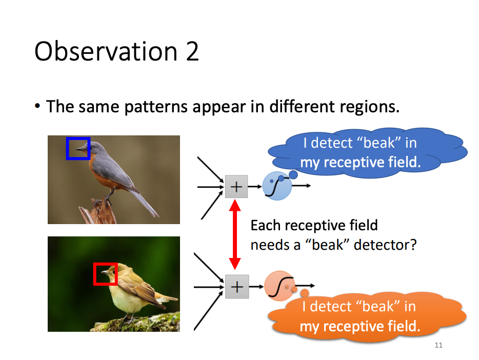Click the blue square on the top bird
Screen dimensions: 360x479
point(78,148)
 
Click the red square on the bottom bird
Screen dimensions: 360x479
point(106,274)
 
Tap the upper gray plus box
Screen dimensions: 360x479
point(236,187)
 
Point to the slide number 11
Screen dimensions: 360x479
point(438,345)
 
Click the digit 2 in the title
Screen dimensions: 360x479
point(192,52)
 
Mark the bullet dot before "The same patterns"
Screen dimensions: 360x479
point(37,107)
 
